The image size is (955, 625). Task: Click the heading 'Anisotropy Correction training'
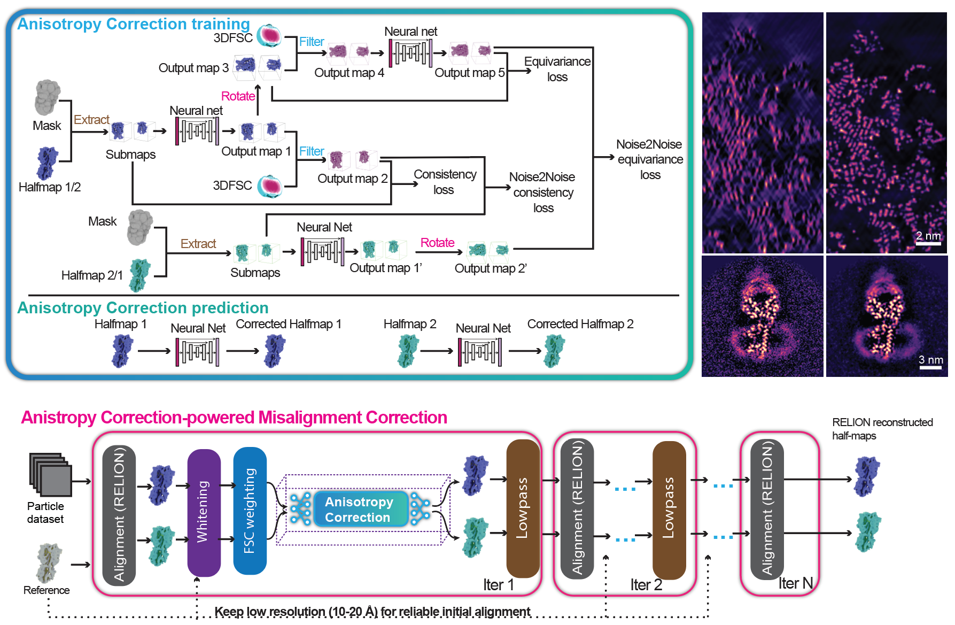click(134, 24)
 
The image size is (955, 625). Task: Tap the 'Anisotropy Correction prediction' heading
click(143, 308)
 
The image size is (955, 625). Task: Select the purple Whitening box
click(204, 512)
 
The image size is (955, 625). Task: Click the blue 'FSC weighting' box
click(250, 511)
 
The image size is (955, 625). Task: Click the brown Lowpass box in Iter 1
click(523, 508)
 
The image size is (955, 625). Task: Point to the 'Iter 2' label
click(646, 585)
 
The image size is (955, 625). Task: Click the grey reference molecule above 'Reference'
click(49, 563)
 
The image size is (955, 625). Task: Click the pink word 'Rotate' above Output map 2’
click(437, 243)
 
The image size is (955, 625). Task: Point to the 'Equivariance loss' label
click(557, 69)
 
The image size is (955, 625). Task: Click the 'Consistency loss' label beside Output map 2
click(445, 182)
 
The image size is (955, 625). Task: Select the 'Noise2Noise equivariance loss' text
click(650, 159)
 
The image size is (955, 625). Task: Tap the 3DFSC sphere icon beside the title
click(269, 35)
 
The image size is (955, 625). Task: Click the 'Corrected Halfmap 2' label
click(580, 324)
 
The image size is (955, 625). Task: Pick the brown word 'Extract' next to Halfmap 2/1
click(198, 244)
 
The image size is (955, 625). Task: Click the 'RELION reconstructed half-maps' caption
click(882, 429)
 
